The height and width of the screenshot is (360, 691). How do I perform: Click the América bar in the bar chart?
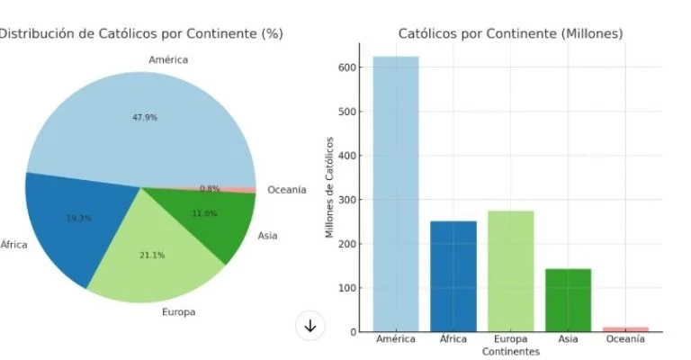click(x=396, y=193)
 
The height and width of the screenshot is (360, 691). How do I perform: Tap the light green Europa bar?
click(x=510, y=271)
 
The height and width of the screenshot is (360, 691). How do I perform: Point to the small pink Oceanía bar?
click(x=625, y=329)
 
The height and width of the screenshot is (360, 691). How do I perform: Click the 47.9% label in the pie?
click(x=144, y=117)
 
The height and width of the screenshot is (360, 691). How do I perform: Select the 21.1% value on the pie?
click(x=152, y=255)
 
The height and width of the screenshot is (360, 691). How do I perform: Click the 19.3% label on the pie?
click(x=79, y=218)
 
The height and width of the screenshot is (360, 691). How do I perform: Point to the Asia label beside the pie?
click(x=267, y=236)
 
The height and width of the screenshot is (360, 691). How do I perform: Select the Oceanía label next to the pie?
click(x=287, y=190)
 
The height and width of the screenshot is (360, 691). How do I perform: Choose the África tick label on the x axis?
click(x=453, y=339)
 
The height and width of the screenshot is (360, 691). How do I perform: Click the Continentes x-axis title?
click(x=510, y=351)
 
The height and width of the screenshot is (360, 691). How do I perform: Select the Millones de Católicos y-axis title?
click(x=330, y=187)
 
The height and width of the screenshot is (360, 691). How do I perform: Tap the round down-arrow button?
click(x=310, y=326)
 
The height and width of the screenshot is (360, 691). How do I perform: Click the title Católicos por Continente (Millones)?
click(x=510, y=34)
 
